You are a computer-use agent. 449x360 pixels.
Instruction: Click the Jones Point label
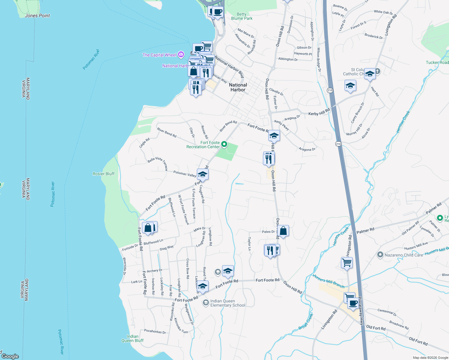coord(37,16)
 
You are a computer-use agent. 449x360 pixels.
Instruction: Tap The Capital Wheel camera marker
coord(181,54)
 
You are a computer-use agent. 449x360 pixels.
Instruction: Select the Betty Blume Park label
coord(242,16)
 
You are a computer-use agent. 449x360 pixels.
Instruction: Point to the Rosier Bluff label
coord(104,174)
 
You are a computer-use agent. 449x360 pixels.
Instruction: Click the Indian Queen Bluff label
coord(132,338)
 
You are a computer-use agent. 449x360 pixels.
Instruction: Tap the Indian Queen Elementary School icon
coord(206,302)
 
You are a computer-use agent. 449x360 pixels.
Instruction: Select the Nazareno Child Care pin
coord(380,255)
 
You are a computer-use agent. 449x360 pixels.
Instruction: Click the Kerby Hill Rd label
coord(319,112)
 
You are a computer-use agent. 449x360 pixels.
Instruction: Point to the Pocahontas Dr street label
coord(155,331)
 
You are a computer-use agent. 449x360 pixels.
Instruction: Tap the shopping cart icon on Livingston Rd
coord(347,262)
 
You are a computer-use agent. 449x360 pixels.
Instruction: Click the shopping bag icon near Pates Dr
coord(283,231)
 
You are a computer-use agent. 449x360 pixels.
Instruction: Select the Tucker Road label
coord(437,62)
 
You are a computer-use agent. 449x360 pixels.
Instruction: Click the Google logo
coord(10,356)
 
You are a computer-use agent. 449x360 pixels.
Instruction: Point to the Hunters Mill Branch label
coord(328,281)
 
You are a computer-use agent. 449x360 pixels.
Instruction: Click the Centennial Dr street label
coord(387,312)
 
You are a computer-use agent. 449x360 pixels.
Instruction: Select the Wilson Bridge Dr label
coord(319,59)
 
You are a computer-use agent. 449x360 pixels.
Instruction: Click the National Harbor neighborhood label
coord(238,87)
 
